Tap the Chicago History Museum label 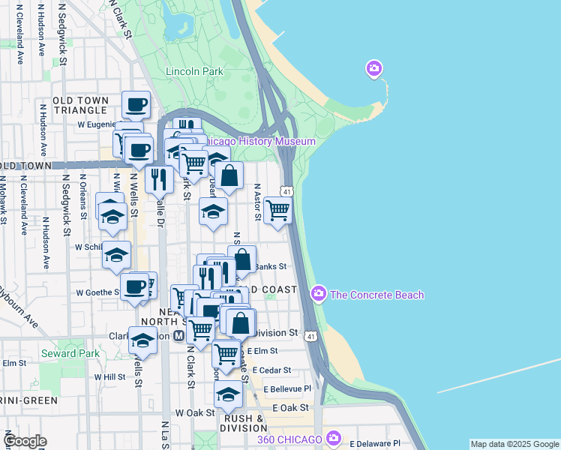[x=259, y=142]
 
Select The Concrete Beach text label [x=376, y=295]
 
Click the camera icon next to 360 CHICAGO [x=334, y=437]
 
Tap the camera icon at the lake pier [x=373, y=70]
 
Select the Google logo [x=25, y=440]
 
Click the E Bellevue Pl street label [x=281, y=389]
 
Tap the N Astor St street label [x=257, y=202]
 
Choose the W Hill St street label [x=109, y=377]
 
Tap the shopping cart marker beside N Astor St [x=277, y=211]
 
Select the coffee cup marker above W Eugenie [x=136, y=105]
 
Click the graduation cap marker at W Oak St [x=228, y=394]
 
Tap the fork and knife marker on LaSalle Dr [x=159, y=180]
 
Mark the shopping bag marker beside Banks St [x=242, y=259]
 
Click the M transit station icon [x=178, y=336]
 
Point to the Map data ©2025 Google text [x=514, y=444]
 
